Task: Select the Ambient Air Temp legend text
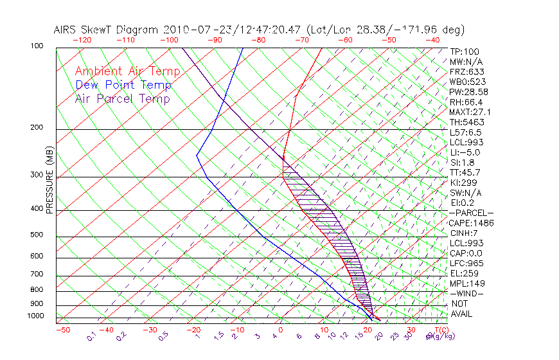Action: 128,71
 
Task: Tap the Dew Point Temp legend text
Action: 123,85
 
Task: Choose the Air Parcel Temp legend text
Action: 123,98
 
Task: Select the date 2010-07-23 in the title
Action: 192,30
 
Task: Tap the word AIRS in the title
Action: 67,30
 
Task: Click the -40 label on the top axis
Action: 432,40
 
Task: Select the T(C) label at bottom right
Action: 441,330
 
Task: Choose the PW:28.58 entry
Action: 468,92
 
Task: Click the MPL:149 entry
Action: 466,283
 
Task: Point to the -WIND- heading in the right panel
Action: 466,293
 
